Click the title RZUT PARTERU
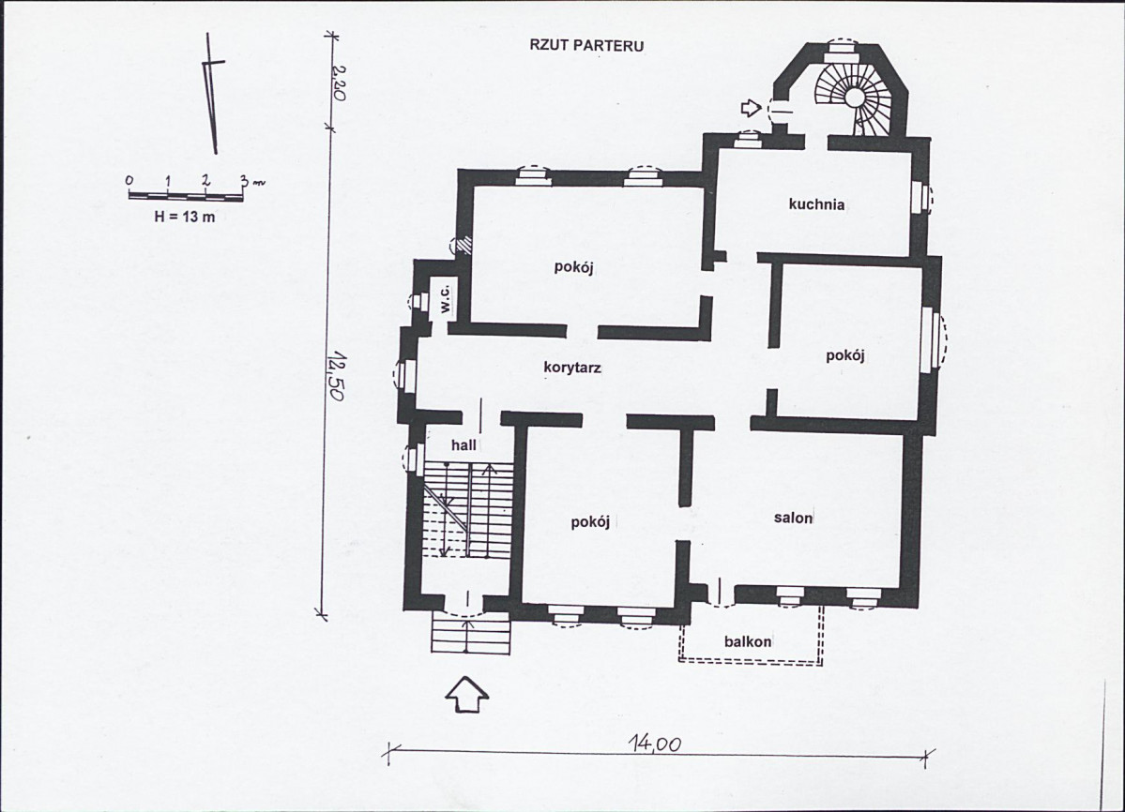586,46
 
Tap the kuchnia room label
815,204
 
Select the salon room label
793,518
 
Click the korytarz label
571,368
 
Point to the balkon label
748,641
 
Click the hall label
464,445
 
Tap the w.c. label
445,299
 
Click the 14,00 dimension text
654,744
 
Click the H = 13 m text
185,217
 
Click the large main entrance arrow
466,694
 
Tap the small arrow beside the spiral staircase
751,108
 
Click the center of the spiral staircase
855,98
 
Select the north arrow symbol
212,93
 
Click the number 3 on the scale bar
244,180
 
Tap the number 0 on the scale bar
129,180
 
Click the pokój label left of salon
590,521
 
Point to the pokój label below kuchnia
845,355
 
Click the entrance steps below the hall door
471,633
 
